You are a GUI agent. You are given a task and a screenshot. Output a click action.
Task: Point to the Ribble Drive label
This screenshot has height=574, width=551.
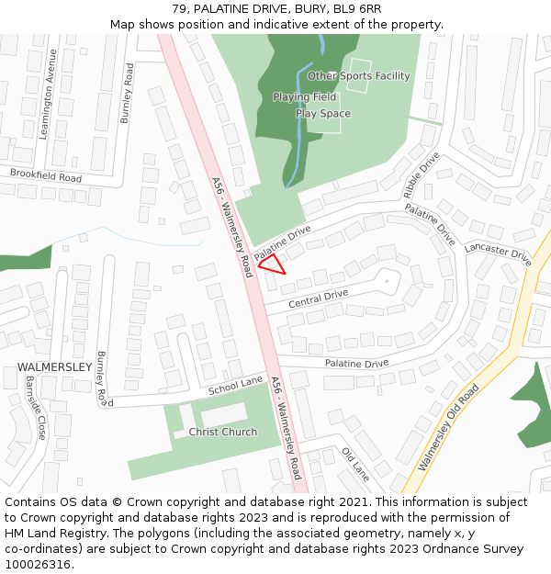click(x=422, y=174)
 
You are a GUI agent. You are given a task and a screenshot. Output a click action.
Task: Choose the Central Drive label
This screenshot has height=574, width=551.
click(x=318, y=298)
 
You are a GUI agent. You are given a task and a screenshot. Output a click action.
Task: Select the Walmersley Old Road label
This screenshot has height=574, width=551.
click(x=448, y=428)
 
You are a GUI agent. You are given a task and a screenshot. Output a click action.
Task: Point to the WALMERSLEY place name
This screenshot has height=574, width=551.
click(x=54, y=367)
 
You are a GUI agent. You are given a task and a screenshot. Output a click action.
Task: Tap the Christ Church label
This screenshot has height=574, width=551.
click(x=223, y=432)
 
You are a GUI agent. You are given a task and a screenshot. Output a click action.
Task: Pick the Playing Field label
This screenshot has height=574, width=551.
click(x=304, y=96)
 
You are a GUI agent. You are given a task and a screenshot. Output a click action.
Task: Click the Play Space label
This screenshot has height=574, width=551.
click(x=322, y=114)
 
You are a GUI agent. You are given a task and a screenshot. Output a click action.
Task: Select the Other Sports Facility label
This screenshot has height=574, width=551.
click(x=359, y=76)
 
